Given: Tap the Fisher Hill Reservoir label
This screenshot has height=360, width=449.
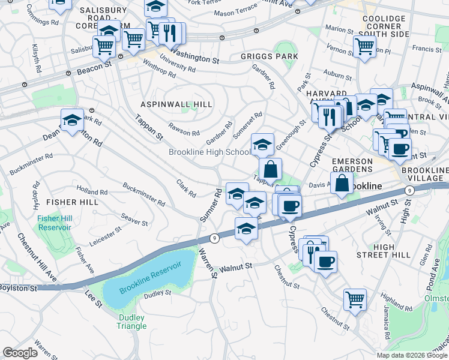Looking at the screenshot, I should click(54, 223).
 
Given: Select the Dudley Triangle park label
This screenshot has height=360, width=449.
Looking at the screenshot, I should click(131, 322).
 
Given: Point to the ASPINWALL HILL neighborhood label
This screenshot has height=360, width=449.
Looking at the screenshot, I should click(176, 104).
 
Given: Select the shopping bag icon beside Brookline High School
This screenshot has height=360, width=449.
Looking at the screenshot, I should click(271, 169).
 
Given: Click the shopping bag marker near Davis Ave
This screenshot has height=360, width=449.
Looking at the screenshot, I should click(342, 184).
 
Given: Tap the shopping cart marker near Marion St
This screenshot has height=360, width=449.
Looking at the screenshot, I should click(364, 46).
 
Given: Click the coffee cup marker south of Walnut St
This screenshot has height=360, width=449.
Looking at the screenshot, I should click(325, 262).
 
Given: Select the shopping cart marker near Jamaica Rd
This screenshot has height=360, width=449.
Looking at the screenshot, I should click(355, 298).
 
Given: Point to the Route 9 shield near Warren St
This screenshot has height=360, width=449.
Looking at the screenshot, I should click(214, 238).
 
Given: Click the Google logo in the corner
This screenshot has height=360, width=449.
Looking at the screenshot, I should click(20, 352).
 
